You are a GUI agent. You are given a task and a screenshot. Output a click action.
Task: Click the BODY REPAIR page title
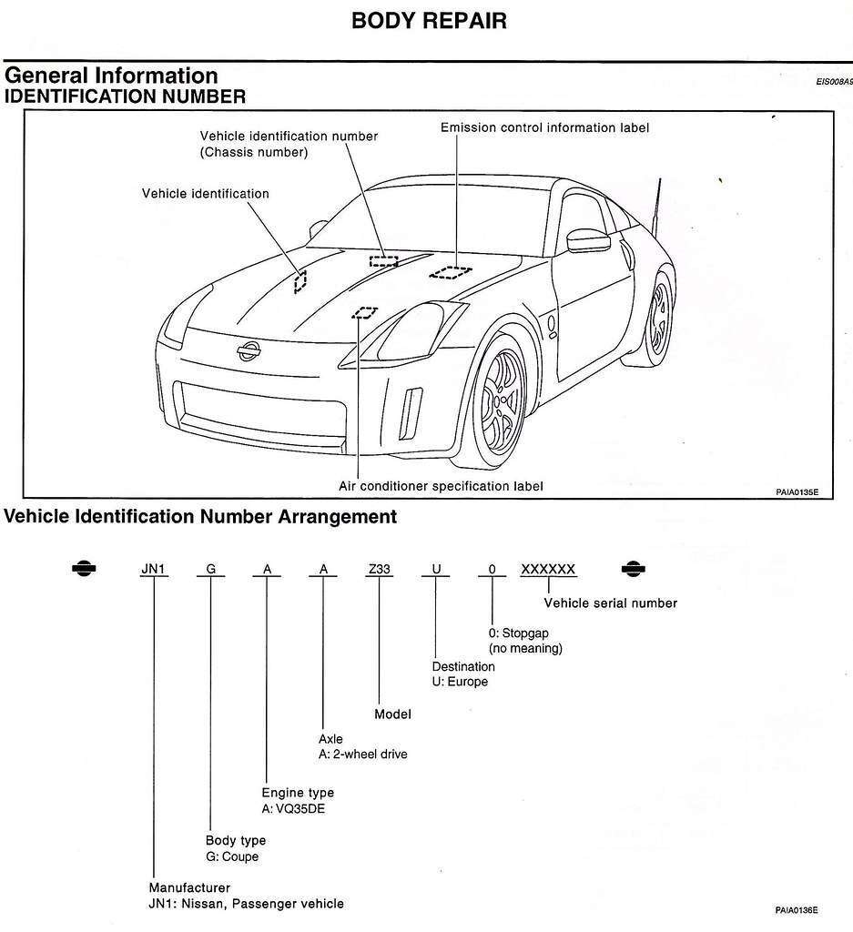click(429, 21)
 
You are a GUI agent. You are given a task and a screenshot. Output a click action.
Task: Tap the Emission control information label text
click(544, 128)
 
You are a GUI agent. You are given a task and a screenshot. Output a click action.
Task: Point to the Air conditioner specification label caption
click(441, 486)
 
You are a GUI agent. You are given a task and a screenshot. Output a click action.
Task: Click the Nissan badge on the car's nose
click(249, 350)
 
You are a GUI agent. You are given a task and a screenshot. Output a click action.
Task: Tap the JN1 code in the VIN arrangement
click(154, 570)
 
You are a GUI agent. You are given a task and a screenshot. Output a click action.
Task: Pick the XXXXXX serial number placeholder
click(548, 570)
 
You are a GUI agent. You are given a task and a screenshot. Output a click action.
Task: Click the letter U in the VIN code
click(436, 570)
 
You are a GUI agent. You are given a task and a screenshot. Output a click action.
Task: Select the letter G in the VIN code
click(211, 570)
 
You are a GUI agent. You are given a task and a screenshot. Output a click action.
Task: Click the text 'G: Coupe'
click(232, 856)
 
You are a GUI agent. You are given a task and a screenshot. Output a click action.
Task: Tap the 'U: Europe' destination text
click(460, 682)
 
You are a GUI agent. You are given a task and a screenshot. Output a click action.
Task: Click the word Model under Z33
click(393, 714)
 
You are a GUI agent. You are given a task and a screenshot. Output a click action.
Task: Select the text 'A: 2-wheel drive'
click(363, 755)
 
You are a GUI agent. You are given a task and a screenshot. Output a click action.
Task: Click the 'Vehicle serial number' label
click(610, 603)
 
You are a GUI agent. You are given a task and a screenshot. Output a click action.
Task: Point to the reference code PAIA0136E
click(797, 909)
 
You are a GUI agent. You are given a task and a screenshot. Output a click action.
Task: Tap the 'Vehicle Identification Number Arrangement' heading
click(201, 518)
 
